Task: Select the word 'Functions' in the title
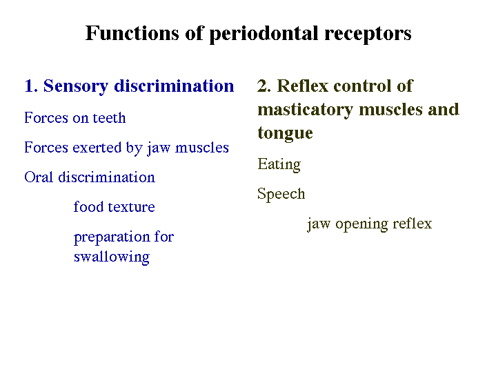[132, 33]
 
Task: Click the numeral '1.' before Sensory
[31, 86]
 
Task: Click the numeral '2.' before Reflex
[264, 86]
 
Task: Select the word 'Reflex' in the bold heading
[303, 86]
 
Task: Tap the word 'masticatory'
[305, 110]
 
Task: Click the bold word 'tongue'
[286, 133]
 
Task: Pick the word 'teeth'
[109, 118]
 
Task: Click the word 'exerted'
[97, 148]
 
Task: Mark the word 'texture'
[132, 207]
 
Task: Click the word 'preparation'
[112, 237]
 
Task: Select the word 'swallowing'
[112, 257]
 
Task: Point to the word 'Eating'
[279, 165]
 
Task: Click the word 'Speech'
[281, 194]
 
